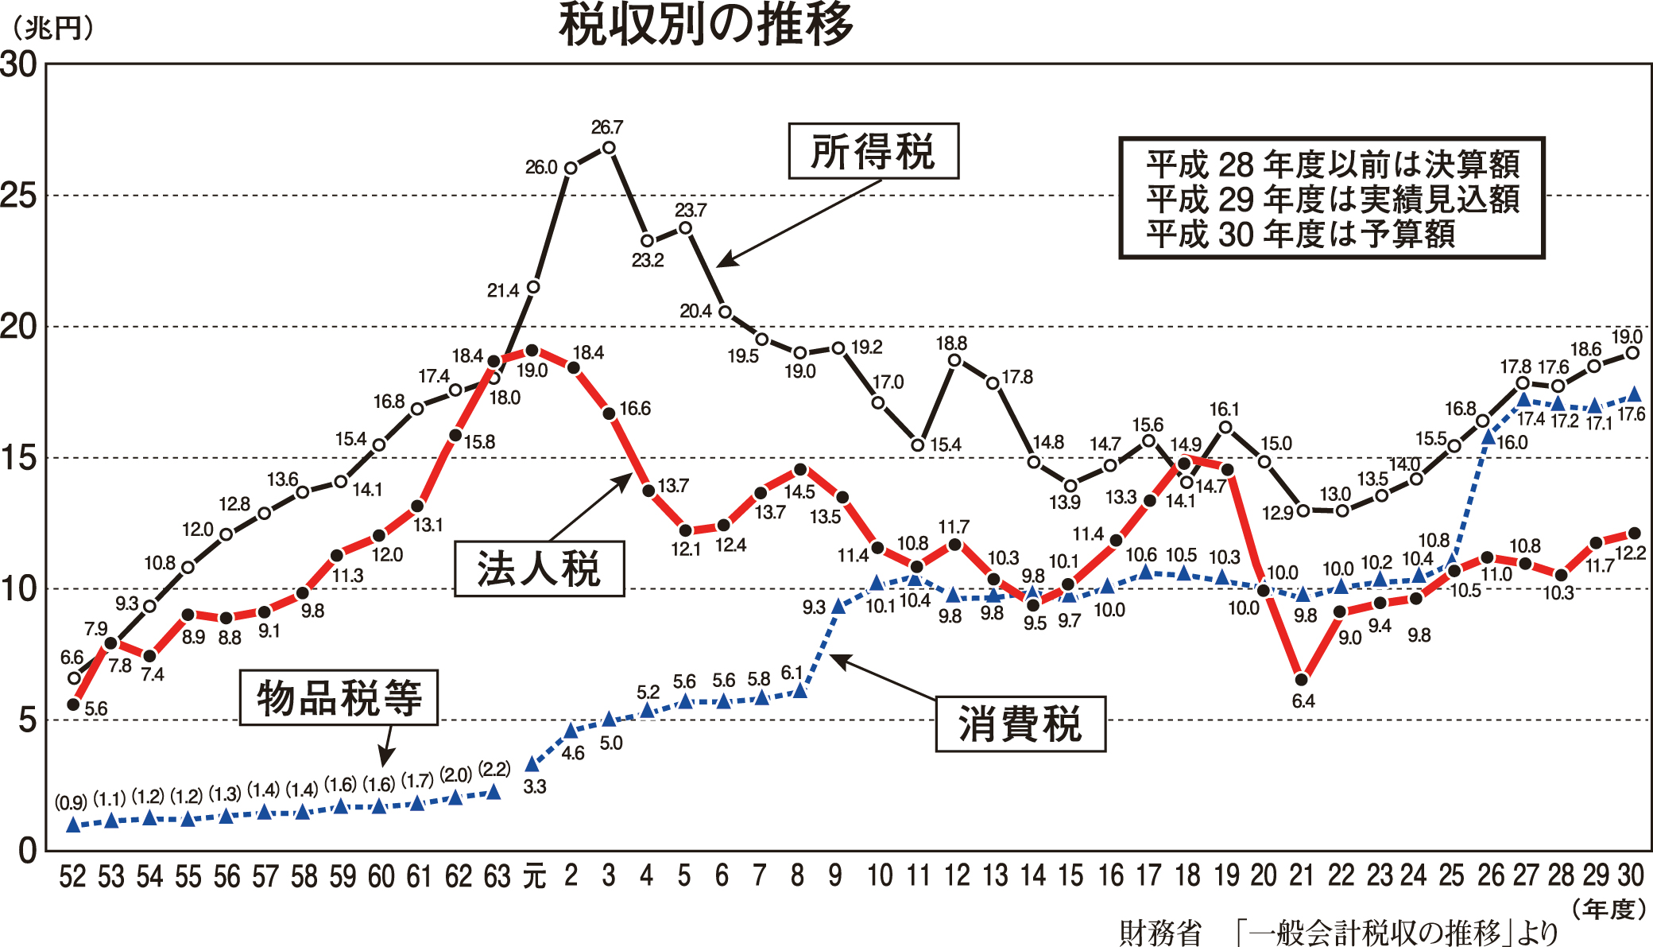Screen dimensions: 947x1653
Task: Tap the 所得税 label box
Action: tap(873, 151)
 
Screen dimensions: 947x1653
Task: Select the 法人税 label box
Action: tap(539, 569)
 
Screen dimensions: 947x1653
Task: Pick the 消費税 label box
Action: tap(1020, 724)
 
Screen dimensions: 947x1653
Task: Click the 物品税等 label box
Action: tap(339, 697)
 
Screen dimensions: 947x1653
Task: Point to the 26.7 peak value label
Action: tap(607, 127)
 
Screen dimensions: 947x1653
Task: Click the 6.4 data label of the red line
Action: tap(1303, 701)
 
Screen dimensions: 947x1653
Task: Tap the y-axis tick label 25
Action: tap(20, 196)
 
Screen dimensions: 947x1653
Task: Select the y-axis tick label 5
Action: tap(28, 720)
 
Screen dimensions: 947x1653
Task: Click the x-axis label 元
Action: tap(534, 876)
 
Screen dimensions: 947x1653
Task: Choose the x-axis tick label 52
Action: tap(72, 876)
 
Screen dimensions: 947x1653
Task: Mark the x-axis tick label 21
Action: tap(1301, 875)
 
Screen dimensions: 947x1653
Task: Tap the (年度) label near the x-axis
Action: tap(1610, 909)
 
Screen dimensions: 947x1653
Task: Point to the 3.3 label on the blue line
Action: tap(535, 786)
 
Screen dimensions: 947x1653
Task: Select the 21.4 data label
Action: tap(503, 291)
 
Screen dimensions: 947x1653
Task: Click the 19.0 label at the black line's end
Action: tap(1627, 336)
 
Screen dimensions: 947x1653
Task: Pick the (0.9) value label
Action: tap(71, 802)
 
